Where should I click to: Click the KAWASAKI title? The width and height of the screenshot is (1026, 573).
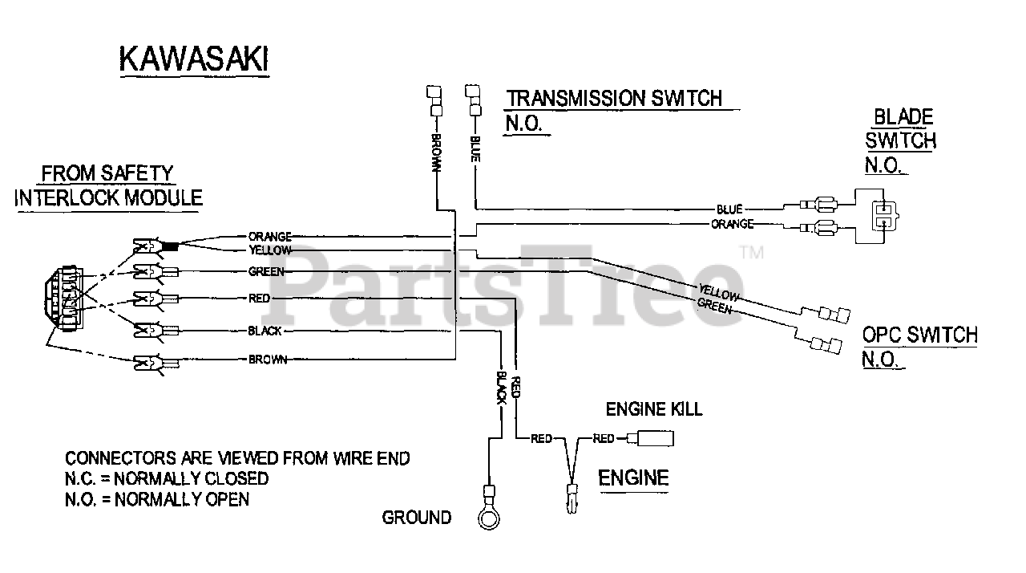[193, 60]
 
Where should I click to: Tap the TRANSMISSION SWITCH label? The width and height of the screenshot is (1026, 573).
[614, 99]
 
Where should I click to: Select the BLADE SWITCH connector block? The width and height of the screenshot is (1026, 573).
[879, 214]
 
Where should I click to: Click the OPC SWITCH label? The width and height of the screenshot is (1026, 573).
[919, 335]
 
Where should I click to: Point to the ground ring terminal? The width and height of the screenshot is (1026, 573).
[487, 518]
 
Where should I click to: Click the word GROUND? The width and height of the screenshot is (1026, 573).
[416, 518]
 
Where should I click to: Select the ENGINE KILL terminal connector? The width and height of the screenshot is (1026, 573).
[655, 438]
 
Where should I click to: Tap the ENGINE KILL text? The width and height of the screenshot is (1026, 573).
[653, 409]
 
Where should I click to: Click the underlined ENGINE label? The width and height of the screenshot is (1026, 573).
[633, 478]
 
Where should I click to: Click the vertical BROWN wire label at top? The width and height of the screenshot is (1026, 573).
[436, 152]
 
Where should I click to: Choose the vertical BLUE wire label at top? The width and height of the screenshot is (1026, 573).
[475, 148]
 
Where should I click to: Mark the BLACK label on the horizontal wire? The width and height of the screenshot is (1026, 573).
[265, 331]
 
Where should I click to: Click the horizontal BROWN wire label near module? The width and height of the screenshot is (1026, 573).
[268, 360]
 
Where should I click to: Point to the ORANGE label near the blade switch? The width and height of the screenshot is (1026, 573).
[733, 224]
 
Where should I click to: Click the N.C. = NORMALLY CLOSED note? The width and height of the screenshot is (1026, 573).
[167, 479]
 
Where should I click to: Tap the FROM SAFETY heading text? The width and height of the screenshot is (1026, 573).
[107, 173]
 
